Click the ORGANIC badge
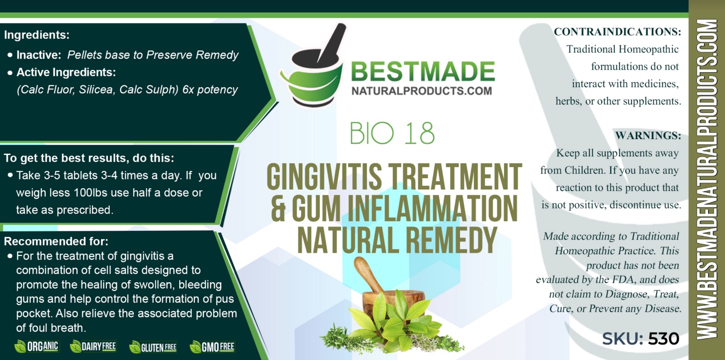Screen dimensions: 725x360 tap(36, 346)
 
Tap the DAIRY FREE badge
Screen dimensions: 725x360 tap(93, 346)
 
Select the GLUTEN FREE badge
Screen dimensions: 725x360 tap(153, 347)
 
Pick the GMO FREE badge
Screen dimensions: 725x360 tap(212, 347)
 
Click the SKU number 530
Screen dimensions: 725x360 tap(664, 339)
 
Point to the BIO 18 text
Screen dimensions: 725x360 tap(392, 133)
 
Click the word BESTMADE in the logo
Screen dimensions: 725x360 tap(423, 71)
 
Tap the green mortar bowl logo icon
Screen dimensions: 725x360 tap(313, 65)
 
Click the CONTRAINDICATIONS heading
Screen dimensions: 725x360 tap(618, 32)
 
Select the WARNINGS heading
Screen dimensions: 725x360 tap(648, 135)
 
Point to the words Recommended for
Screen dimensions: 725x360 tap(56, 241)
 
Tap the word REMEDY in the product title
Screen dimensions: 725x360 tap(451, 240)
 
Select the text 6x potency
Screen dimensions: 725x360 tap(210, 90)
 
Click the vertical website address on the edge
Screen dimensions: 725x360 tap(707, 180)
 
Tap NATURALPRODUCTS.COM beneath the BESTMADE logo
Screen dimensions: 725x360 tap(422, 91)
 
